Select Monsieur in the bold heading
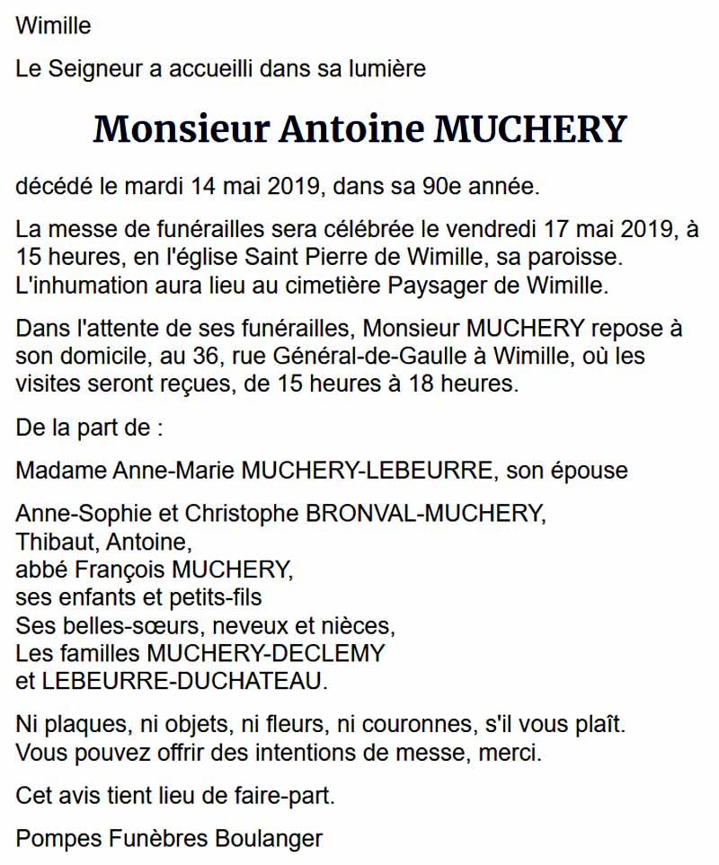coord(181,129)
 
